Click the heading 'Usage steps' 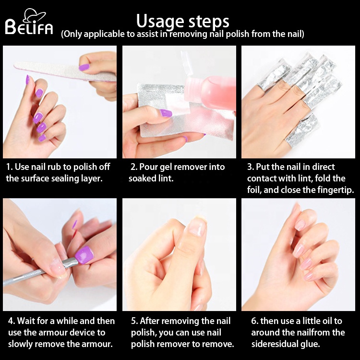coord(182,21)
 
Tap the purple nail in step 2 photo coord(166,113)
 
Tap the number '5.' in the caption coord(134,321)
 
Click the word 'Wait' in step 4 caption coord(28,321)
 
